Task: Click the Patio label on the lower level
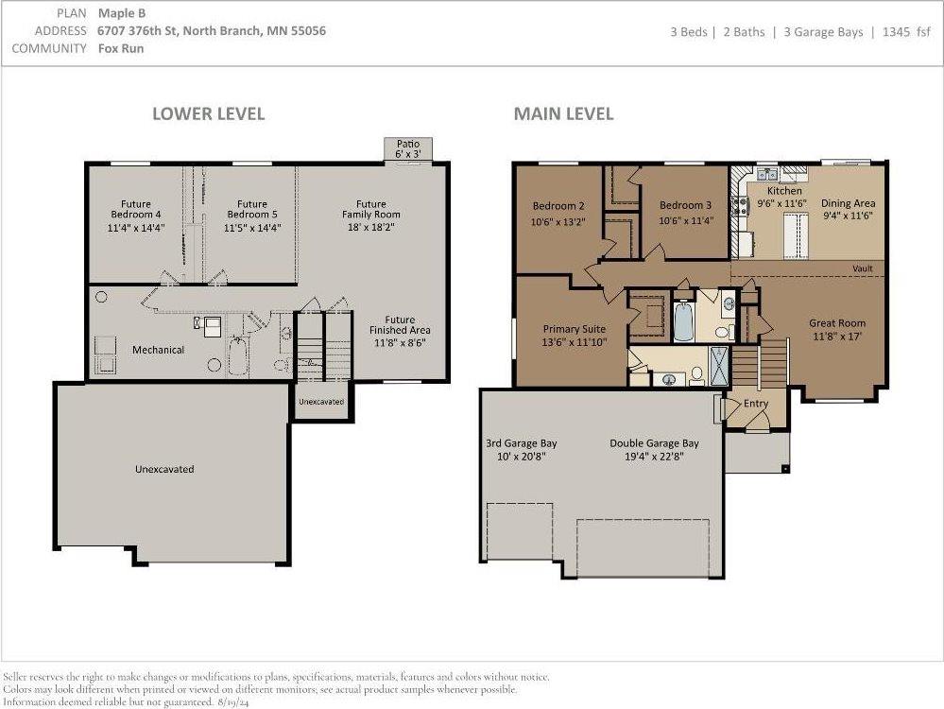[408, 144]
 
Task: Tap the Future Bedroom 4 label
[136, 209]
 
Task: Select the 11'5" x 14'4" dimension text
[252, 228]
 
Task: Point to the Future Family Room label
[370, 209]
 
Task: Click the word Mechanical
[159, 350]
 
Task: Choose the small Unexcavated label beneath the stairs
[321, 402]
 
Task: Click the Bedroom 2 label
[558, 206]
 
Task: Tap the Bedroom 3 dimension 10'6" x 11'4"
[686, 220]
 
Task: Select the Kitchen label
[784, 190]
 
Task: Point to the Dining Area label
[849, 203]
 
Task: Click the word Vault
[863, 268]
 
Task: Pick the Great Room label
[837, 323]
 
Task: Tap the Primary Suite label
[575, 329]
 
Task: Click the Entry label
[756, 404]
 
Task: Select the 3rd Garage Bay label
[522, 443]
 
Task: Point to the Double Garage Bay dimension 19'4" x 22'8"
[655, 457]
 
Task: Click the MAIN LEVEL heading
[563, 113]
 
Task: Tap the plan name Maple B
[122, 13]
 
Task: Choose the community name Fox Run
[121, 48]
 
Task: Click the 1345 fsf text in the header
[906, 32]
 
